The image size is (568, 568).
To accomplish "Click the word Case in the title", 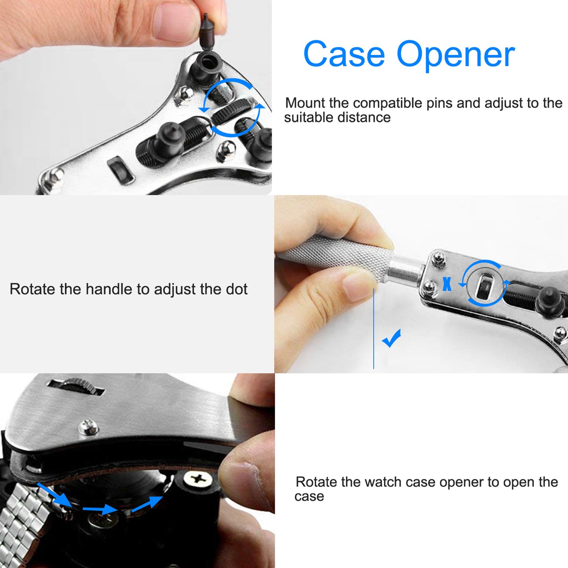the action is coord(344,54).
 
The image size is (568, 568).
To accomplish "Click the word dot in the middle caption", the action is coord(237,289).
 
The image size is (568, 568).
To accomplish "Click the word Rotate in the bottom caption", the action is coord(316,482).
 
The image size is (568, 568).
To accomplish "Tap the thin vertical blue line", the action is coord(373,328).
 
